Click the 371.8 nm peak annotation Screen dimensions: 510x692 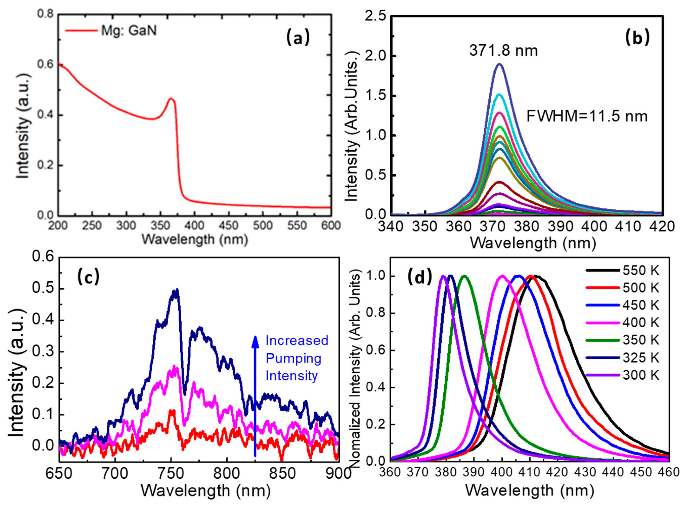503,51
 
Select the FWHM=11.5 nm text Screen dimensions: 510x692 587,117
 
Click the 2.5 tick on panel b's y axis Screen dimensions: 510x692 375,17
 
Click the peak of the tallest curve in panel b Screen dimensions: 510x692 499,64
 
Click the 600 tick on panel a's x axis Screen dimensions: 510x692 331,226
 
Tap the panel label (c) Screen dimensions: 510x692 88,277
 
